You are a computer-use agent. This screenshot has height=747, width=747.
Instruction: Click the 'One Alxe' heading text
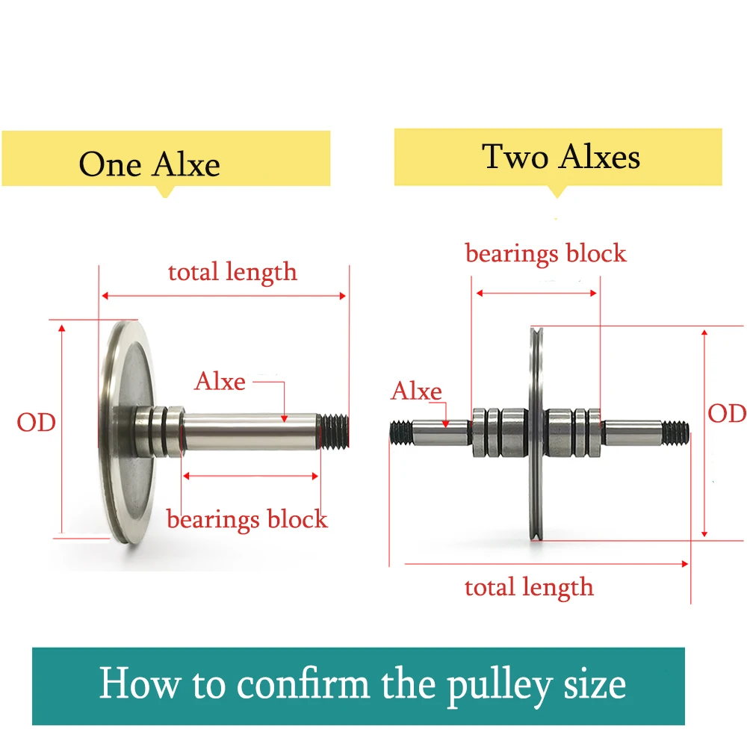pyautogui.click(x=149, y=165)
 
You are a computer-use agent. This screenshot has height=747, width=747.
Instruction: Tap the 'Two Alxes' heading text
pyautogui.click(x=561, y=158)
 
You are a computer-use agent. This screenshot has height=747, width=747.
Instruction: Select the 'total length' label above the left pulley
pyautogui.click(x=232, y=272)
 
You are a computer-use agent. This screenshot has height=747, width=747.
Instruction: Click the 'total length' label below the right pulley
pyautogui.click(x=529, y=587)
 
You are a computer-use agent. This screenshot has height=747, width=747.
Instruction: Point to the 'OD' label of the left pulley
pyautogui.click(x=37, y=422)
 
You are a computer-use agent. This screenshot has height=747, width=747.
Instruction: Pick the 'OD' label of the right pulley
pyautogui.click(x=726, y=413)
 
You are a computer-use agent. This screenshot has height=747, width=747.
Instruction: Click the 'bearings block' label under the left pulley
pyautogui.click(x=247, y=518)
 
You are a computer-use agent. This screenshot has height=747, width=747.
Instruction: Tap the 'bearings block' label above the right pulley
pyautogui.click(x=545, y=253)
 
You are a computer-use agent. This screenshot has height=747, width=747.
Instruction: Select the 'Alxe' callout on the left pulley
pyautogui.click(x=220, y=382)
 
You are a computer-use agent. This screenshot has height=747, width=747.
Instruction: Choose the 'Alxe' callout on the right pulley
pyautogui.click(x=416, y=391)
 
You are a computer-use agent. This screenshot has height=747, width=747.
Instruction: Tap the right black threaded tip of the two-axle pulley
pyautogui.click(x=675, y=430)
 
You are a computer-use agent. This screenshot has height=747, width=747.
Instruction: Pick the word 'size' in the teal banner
pyautogui.click(x=594, y=684)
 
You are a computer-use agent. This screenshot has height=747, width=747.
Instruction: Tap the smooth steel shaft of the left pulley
pyautogui.click(x=250, y=432)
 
